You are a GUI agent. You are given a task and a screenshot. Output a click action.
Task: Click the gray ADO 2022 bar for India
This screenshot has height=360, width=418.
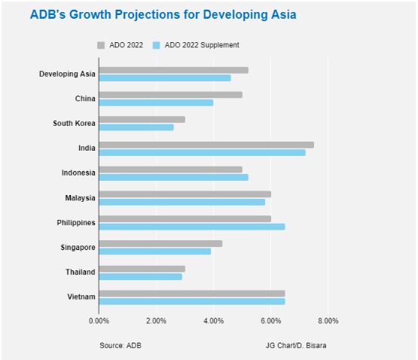click(206, 145)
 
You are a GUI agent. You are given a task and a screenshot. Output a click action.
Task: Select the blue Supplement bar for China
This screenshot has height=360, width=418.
click(156, 102)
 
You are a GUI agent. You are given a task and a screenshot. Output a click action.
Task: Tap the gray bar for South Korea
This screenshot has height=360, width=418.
click(142, 120)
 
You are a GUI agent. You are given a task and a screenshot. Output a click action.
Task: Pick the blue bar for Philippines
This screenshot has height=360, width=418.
click(192, 227)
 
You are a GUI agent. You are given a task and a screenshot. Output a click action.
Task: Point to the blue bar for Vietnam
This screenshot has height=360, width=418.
click(192, 301)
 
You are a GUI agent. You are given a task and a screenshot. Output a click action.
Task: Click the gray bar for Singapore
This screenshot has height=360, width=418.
click(160, 243)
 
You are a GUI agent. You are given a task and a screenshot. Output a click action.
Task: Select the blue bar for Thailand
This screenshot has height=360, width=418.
click(141, 276)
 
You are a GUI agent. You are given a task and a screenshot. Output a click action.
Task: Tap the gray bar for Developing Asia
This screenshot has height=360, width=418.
click(174, 70)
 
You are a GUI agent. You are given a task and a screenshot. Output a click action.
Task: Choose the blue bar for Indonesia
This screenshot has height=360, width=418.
click(174, 177)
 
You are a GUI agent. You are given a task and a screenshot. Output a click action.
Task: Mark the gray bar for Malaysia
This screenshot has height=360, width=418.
click(185, 194)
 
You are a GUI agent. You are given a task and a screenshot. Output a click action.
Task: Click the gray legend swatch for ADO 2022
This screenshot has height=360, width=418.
click(101, 45)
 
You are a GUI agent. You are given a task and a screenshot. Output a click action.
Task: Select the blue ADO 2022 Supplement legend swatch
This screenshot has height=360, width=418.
click(156, 45)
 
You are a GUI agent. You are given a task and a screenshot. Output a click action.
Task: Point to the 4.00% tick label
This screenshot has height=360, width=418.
click(214, 321)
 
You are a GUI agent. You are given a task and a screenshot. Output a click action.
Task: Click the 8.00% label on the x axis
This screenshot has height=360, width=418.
click(328, 321)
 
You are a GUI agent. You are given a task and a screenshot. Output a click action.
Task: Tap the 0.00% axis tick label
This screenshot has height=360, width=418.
click(99, 321)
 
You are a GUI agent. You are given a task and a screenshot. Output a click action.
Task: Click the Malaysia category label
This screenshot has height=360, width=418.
click(81, 198)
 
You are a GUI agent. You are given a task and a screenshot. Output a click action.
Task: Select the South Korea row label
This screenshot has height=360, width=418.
click(74, 124)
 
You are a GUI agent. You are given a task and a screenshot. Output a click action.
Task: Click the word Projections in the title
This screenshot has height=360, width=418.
click(148, 14)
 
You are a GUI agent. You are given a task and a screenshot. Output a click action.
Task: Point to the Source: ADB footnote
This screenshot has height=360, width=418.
click(121, 346)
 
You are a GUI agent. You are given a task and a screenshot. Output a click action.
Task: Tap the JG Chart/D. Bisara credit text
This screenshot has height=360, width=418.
click(296, 346)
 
